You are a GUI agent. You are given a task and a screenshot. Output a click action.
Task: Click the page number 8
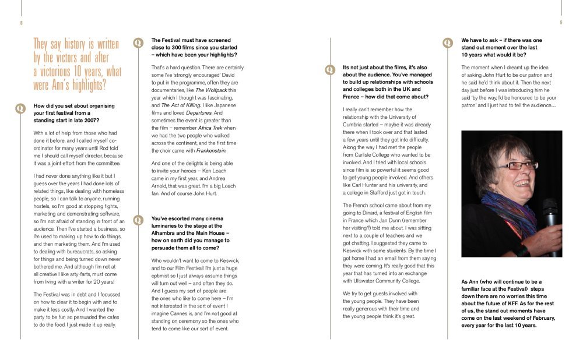(21, 23)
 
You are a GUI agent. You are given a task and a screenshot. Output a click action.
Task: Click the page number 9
(561, 23)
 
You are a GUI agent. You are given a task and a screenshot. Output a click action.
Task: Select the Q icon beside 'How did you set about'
(21, 108)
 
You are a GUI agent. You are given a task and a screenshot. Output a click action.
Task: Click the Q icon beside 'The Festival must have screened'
(138, 43)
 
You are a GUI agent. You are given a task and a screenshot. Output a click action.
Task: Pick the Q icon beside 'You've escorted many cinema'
(138, 220)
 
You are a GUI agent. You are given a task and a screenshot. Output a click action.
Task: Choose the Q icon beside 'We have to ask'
(448, 43)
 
